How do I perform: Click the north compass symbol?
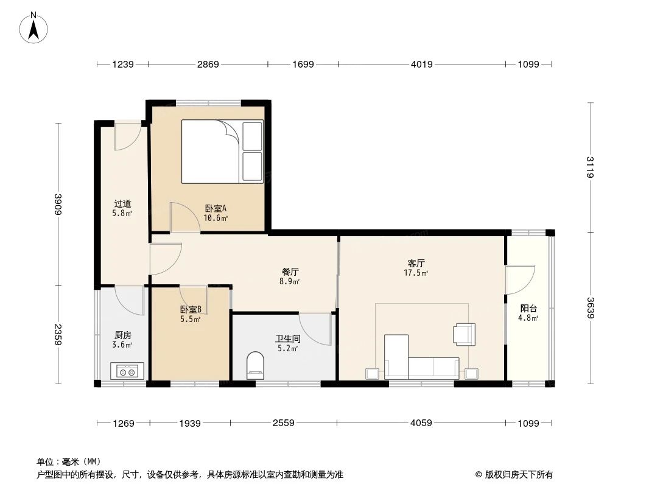pyautogui.click(x=34, y=27)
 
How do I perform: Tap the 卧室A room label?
pyautogui.click(x=216, y=208)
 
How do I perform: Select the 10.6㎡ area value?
pyautogui.click(x=216, y=218)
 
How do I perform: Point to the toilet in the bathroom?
pyautogui.click(x=256, y=366)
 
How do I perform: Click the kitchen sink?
pyautogui.click(x=127, y=371)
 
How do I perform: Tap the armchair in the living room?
pyautogui.click(x=463, y=334)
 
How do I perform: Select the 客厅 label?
pyautogui.click(x=416, y=263)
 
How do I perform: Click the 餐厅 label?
pyautogui.click(x=290, y=272)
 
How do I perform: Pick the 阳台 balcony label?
pyautogui.click(x=528, y=308)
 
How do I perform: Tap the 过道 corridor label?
pyautogui.click(x=122, y=204)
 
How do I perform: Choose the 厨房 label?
pyautogui.click(x=122, y=335)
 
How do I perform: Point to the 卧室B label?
pyautogui.click(x=191, y=309)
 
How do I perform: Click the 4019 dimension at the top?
pyautogui.click(x=421, y=64)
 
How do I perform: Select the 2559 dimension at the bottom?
pyautogui.click(x=284, y=423)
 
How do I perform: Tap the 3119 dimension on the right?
pyautogui.click(x=590, y=167)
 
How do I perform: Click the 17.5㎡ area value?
pyautogui.click(x=416, y=273)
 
